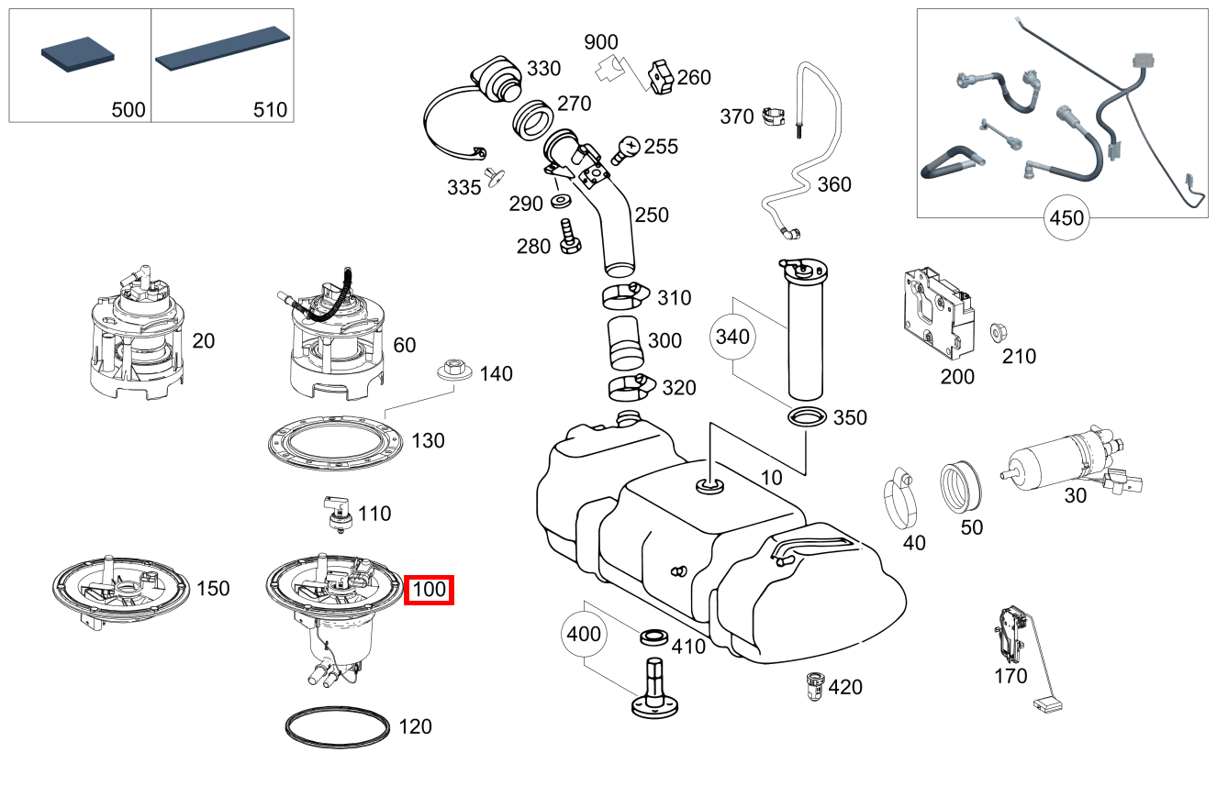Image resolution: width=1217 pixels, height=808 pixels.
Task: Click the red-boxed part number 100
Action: (x=430, y=589)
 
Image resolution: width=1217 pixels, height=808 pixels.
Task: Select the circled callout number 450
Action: (x=1066, y=218)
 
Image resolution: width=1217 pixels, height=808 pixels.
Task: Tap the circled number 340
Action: (x=732, y=337)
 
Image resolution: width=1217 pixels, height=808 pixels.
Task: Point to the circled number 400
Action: (x=585, y=633)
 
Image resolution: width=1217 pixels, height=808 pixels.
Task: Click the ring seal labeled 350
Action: (x=807, y=418)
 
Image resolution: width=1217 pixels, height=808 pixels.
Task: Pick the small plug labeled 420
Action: (x=812, y=684)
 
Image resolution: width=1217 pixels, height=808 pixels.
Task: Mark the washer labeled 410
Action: (x=653, y=636)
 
